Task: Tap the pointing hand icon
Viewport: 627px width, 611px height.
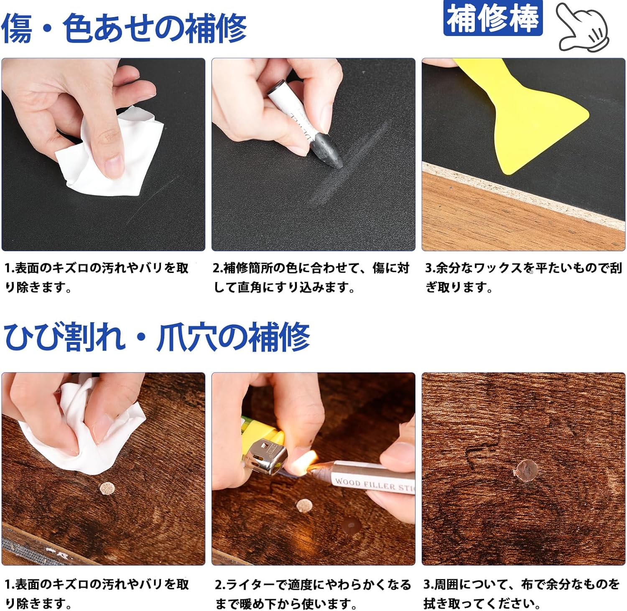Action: click(583, 27)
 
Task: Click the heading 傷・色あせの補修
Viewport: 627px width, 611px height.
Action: click(124, 28)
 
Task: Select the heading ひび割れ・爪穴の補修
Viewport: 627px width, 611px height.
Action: click(157, 337)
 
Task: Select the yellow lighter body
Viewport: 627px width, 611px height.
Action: click(263, 430)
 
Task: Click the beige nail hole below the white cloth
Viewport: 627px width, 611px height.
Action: click(107, 488)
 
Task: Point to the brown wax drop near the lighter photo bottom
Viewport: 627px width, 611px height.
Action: click(351, 524)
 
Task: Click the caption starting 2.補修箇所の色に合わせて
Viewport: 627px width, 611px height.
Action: click(311, 277)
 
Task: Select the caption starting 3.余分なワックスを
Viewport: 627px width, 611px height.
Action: click(523, 277)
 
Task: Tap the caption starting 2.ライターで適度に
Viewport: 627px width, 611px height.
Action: click(313, 594)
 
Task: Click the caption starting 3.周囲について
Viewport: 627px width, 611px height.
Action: click(522, 594)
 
